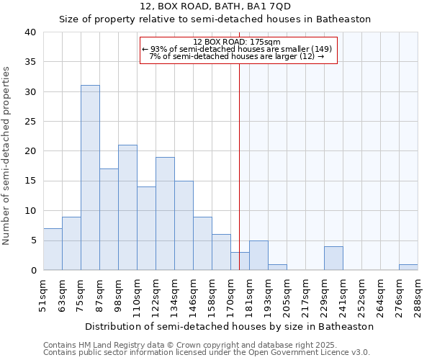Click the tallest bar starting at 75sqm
tap(90, 178)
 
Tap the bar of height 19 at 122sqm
tap(165, 214)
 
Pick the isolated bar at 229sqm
tap(333, 258)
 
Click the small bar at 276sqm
tap(408, 267)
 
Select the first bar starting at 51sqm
tap(53, 249)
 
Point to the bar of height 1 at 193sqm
tap(277, 267)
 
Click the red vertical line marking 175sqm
tap(239, 166)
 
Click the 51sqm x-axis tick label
tap(44, 296)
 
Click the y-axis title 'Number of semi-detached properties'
tap(7, 155)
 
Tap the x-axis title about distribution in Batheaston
tap(229, 326)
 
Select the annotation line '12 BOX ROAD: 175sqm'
tap(237, 42)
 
